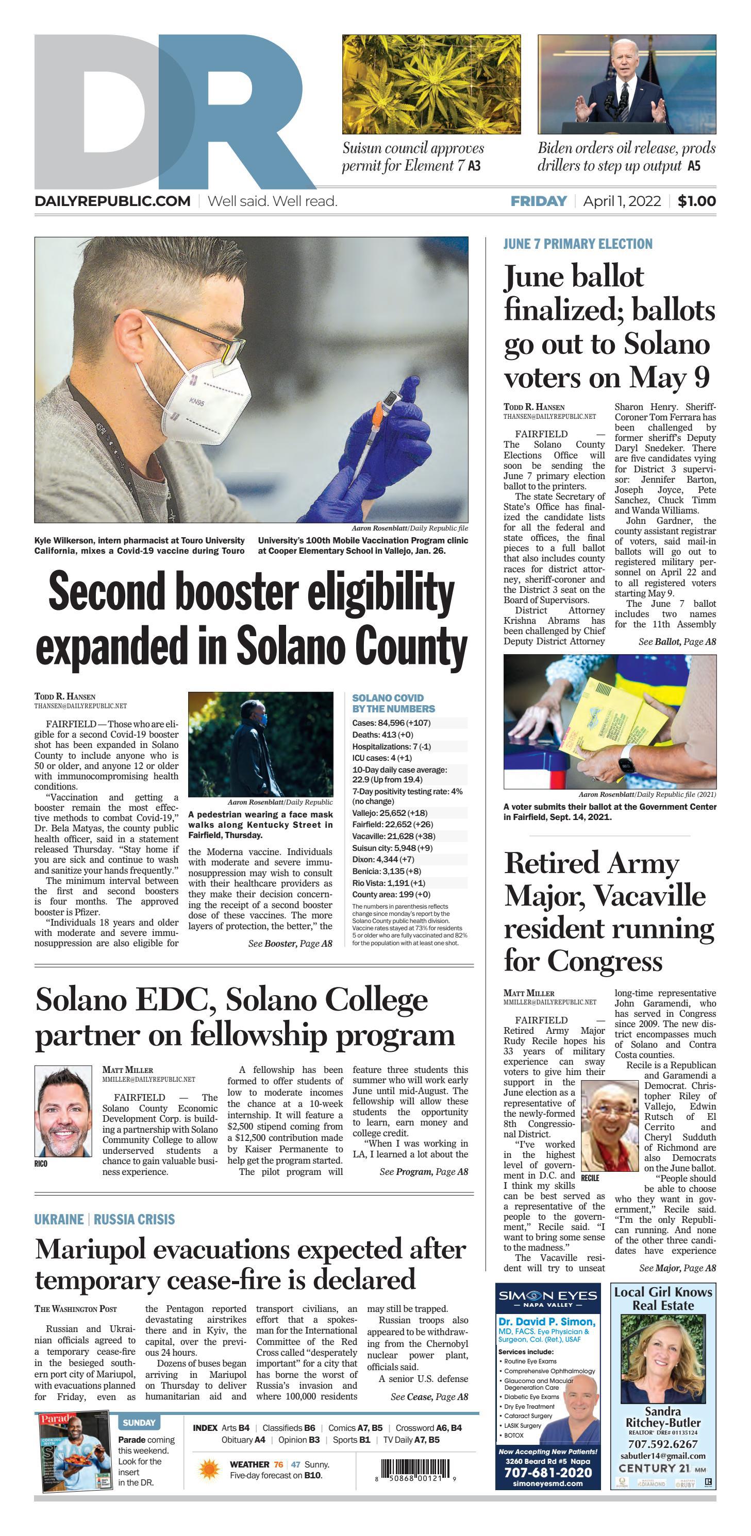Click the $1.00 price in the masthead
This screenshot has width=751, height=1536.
696,201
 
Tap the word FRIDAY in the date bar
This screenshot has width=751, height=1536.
538,201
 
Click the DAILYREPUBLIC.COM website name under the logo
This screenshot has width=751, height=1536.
112,201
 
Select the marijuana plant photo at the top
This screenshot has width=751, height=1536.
431,84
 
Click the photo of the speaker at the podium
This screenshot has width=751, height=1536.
626,84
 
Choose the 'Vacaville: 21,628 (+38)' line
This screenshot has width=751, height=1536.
394,837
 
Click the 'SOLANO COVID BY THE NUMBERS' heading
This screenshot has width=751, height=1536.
393,703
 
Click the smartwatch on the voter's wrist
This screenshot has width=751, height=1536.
626,765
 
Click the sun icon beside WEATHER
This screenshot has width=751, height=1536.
209,1469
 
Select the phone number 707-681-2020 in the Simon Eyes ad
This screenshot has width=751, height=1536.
547,1472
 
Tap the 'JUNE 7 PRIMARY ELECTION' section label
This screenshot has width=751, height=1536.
577,244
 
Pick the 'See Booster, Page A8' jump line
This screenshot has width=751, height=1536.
290,943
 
